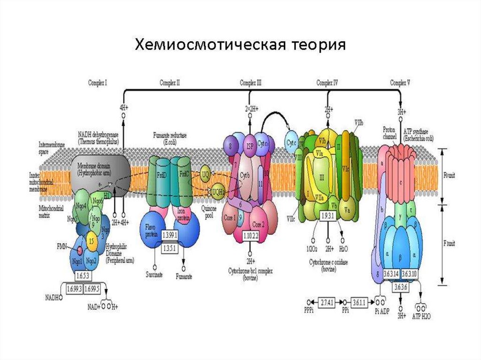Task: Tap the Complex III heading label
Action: [250, 83]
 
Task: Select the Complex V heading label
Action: [400, 83]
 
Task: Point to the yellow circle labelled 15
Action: [93, 240]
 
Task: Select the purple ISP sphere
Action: [249, 146]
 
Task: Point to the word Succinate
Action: [154, 275]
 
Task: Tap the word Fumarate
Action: [184, 276]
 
